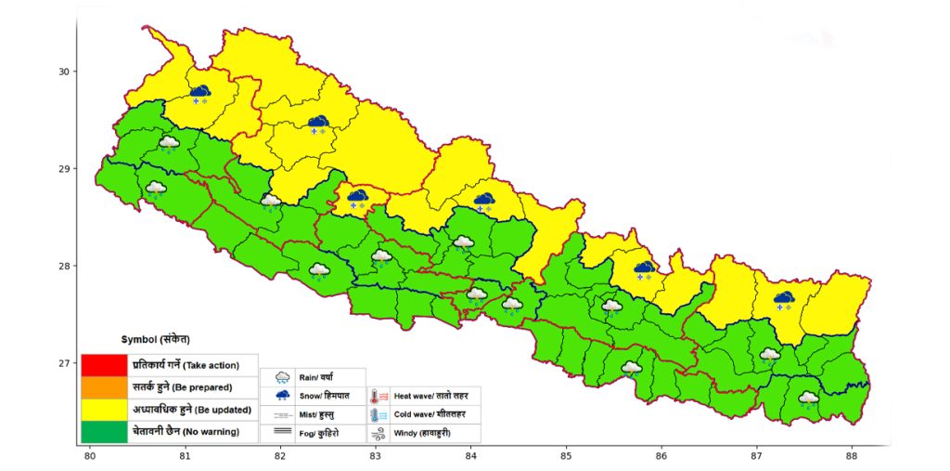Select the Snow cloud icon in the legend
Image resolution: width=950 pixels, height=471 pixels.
(x=279, y=396)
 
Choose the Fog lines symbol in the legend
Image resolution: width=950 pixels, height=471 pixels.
(x=279, y=432)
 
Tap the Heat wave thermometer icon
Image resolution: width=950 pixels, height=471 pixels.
(x=379, y=396)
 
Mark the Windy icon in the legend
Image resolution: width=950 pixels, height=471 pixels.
(x=379, y=433)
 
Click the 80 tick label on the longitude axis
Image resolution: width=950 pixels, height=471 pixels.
(x=90, y=455)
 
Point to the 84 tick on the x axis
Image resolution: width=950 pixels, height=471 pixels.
(x=470, y=455)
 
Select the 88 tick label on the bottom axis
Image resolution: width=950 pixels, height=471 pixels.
(x=853, y=455)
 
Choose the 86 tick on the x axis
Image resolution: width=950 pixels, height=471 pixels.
(x=661, y=455)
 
